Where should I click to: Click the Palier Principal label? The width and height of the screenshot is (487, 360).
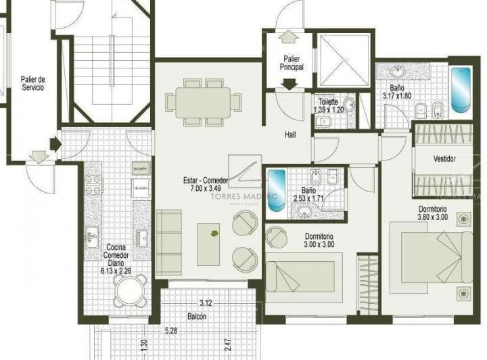point(292,63)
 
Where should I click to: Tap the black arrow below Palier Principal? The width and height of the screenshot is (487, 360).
point(290,84)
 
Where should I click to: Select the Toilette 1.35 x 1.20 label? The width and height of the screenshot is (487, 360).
point(331,105)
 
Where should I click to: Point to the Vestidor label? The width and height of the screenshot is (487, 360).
point(444,158)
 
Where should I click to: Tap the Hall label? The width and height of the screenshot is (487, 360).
point(291,135)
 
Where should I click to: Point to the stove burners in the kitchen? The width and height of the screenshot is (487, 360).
point(92,183)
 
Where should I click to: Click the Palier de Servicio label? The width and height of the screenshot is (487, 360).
point(32,83)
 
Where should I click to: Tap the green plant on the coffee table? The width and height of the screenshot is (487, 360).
point(214,233)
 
